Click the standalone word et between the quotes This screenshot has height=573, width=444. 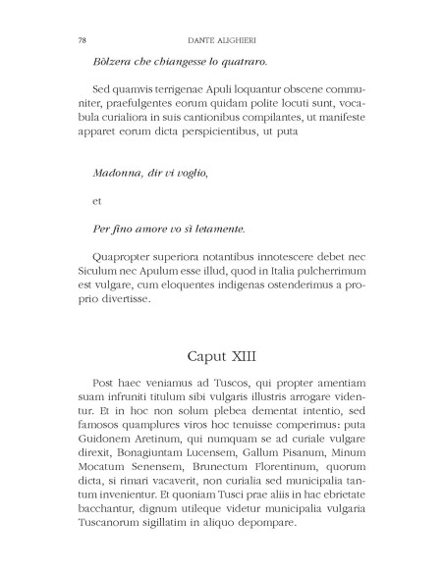(x=96, y=201)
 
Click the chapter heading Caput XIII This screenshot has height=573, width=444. (x=221, y=351)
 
